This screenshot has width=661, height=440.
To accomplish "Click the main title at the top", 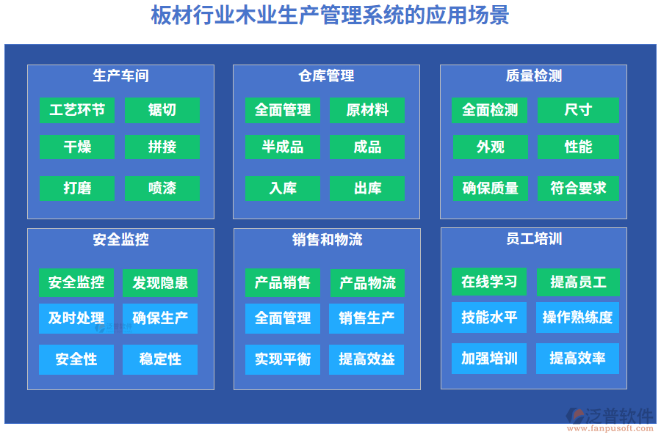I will coord(330,16).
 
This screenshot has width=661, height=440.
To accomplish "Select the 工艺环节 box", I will coord(77,110).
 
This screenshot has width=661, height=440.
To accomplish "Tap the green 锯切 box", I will coord(162,110).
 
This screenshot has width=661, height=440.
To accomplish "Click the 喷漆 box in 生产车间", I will coord(162,188).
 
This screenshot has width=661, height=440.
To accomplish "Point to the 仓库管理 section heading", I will coord(326,76).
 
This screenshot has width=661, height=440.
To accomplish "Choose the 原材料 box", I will coord(367,110).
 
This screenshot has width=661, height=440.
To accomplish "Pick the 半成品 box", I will coord(283,147).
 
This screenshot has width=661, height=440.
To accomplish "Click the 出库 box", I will coord(367,188).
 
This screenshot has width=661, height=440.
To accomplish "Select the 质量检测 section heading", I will coord(534,76).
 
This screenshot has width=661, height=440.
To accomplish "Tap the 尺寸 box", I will coord(578,110).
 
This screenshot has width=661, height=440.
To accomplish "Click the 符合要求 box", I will coord(578,188).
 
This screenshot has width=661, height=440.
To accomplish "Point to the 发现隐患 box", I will coord(160,282).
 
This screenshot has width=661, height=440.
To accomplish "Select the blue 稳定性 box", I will coord(160,359).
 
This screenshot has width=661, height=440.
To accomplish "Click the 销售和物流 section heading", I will coord(327,239).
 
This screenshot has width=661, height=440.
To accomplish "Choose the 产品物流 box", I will coord(367,282).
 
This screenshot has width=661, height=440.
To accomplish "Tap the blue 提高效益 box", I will coord(366,359).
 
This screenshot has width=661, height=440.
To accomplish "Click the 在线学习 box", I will coord(489,282).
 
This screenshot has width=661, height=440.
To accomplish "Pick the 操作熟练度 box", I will coord(577,318).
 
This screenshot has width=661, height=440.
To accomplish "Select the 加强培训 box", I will coord(489,359).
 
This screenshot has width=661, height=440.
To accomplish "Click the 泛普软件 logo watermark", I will coord(610,419).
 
